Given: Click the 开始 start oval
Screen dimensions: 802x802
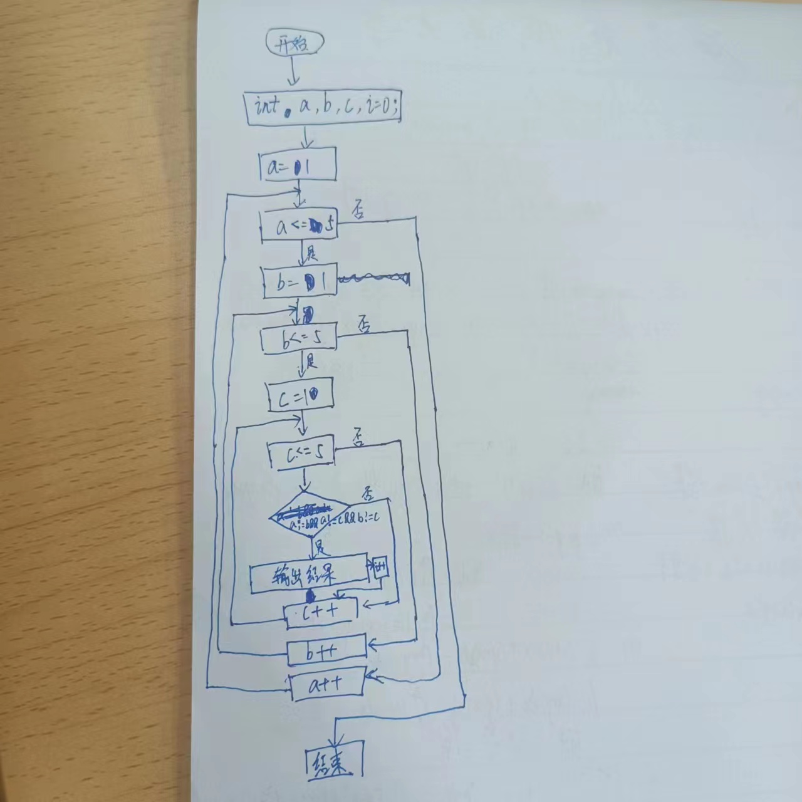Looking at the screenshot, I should pos(294,44).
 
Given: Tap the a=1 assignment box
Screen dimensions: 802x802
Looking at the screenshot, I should pos(298,165).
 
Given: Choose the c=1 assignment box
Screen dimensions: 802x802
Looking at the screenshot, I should pos(300,396).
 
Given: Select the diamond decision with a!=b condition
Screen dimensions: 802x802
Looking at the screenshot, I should pos(310,517).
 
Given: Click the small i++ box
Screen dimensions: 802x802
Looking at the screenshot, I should pos(381,569).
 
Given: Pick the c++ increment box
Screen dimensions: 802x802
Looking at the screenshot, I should pos(321,612).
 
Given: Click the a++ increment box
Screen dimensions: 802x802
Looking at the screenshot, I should pos(326,685).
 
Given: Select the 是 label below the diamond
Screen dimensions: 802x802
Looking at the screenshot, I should pos(321,546).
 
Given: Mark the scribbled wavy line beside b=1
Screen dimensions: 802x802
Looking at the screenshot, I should pos(374,278).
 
